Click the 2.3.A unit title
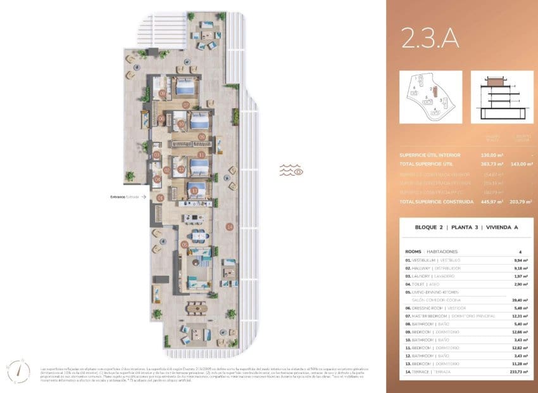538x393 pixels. tap(430, 39)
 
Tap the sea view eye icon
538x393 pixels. tap(291, 171)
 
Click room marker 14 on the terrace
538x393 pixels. tap(230, 226)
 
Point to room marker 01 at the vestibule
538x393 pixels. tap(160, 198)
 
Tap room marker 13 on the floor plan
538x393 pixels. tap(194, 190)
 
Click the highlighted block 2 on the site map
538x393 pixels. tap(433, 91)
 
